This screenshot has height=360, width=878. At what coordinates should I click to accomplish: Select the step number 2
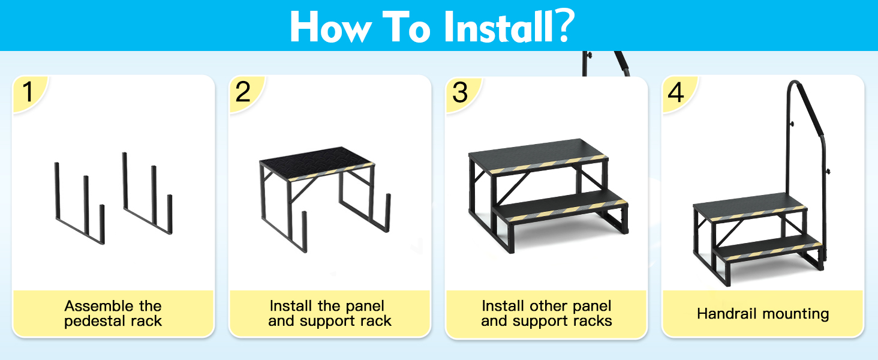pyautogui.click(x=243, y=93)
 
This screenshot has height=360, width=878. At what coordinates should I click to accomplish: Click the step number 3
pyautogui.click(x=460, y=93)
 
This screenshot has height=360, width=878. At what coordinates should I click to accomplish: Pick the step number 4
pyautogui.click(x=676, y=93)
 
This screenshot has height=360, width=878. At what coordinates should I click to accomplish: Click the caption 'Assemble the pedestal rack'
pyautogui.click(x=113, y=314)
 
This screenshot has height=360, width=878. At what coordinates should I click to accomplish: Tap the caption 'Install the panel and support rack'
pyautogui.click(x=329, y=314)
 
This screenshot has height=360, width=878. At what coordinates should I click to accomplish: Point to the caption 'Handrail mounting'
pyautogui.click(x=763, y=314)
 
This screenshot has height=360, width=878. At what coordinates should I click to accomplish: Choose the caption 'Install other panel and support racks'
pyautogui.click(x=546, y=314)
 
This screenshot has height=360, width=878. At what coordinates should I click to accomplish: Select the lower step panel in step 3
pyautogui.click(x=561, y=204)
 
